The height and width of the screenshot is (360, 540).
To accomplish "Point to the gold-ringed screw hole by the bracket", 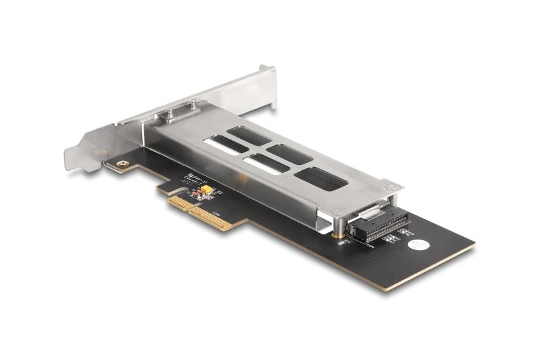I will pos(119,164).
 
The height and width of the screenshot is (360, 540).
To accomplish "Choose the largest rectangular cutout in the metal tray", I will pos(319,179).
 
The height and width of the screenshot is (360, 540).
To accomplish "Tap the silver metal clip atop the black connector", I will pos(369,211).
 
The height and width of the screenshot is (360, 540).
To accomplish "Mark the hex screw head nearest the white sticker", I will pos(390,189).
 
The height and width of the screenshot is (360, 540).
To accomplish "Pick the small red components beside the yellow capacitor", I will pos(196,194).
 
